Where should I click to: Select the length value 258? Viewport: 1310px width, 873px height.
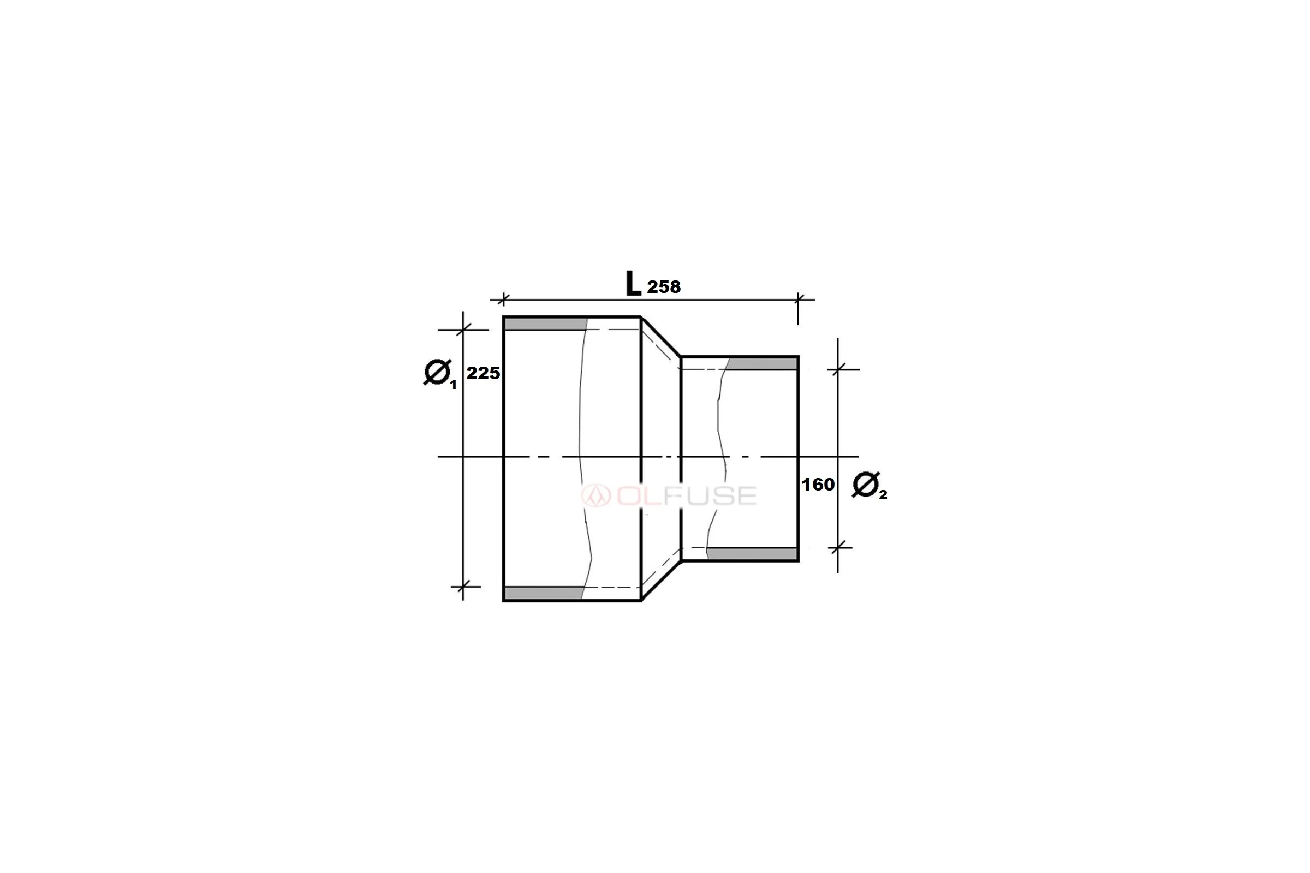(663, 288)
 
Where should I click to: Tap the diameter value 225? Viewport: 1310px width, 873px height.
(483, 373)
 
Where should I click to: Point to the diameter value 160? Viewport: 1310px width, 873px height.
(818, 485)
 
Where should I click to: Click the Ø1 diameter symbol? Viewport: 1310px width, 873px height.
(439, 374)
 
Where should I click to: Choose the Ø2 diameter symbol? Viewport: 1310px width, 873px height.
(869, 486)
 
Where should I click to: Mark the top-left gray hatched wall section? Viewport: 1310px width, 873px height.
(546, 324)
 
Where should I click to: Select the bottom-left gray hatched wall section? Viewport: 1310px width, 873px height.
(544, 593)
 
